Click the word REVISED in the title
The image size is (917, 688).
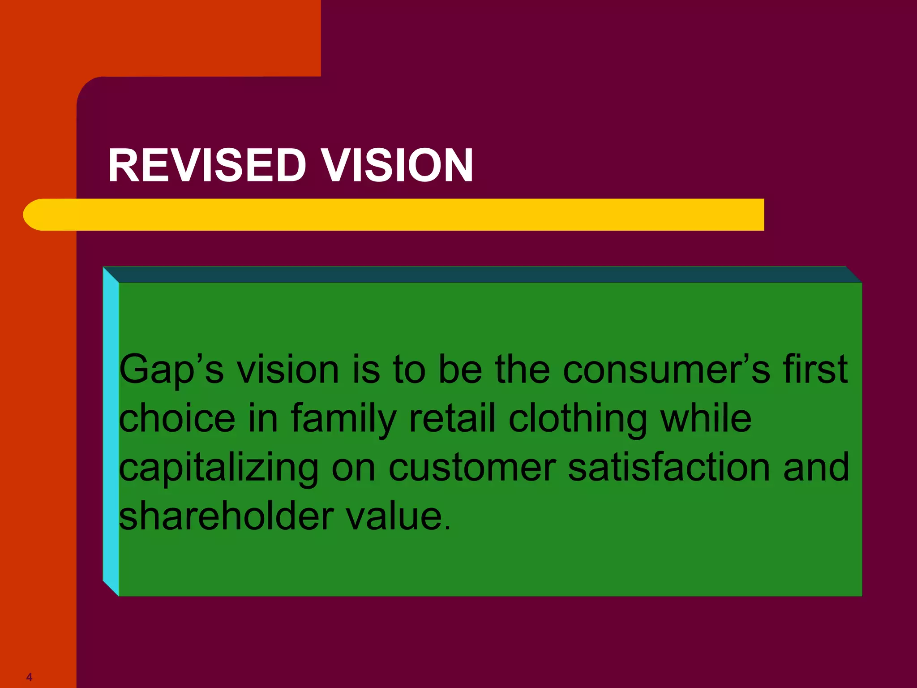click(207, 165)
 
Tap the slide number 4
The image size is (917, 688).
click(30, 676)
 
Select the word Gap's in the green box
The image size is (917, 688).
click(171, 370)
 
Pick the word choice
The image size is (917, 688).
click(177, 418)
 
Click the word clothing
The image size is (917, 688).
click(578, 419)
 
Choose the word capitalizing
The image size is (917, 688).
click(219, 469)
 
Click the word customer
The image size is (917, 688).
click(472, 468)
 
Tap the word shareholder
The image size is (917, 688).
click(227, 516)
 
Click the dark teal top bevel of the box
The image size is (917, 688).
click(482, 275)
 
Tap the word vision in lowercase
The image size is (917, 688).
click(288, 370)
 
